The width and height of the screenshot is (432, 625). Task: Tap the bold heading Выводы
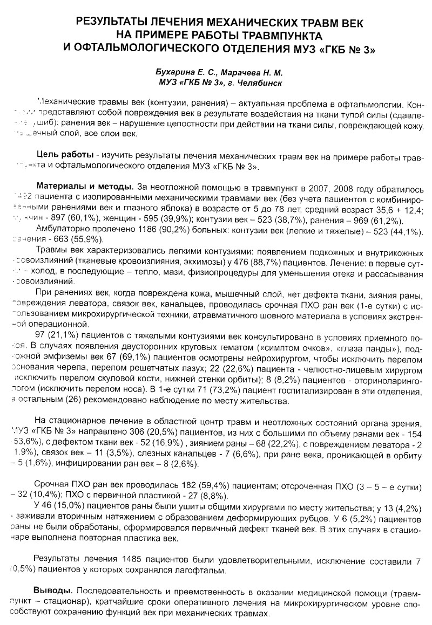tap(51, 585)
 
